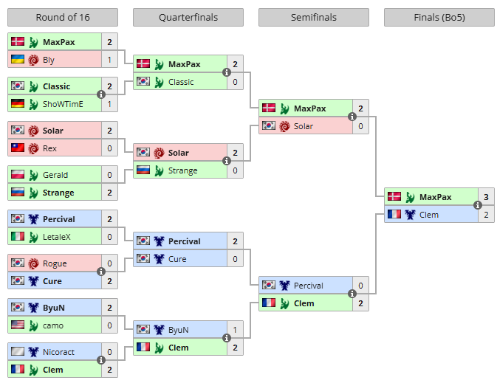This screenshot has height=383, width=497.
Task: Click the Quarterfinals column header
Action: pos(188,18)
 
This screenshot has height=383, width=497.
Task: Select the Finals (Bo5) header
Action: pos(439,18)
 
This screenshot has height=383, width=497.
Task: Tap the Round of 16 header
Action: pos(63,18)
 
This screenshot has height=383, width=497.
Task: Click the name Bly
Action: pos(49,60)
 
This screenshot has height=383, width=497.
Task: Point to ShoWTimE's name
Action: pos(63,104)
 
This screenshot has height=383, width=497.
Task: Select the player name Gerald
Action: pos(55,175)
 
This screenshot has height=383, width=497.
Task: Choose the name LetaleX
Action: pos(56,237)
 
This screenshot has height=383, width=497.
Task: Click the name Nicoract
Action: pos(58,352)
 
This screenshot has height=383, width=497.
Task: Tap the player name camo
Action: pos(53,325)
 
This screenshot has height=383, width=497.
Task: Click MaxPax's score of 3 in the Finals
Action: pos(486,197)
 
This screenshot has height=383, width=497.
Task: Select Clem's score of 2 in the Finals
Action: pos(486,215)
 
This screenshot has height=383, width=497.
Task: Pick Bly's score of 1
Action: pos(109,60)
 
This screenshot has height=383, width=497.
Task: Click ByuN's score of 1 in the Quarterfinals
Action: pos(235,330)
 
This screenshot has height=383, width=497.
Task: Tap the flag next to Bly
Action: pos(18,59)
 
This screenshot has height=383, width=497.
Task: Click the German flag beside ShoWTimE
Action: pos(18,103)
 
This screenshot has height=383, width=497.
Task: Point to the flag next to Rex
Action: pos(18,148)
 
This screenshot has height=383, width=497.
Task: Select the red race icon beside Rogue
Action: pos(33,263)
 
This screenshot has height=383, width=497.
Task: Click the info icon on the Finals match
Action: pos(478,205)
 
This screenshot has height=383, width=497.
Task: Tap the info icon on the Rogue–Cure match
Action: pos(101,272)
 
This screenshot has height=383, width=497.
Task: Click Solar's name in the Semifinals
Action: pos(304,126)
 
